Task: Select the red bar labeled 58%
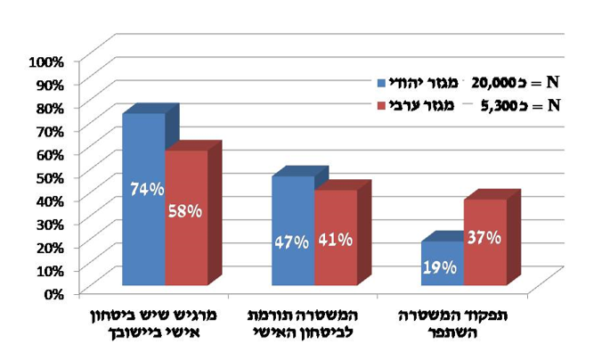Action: tap(186, 223)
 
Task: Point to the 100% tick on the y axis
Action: tap(46, 61)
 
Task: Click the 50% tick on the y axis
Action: tap(49, 176)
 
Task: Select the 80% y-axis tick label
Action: tap(49, 108)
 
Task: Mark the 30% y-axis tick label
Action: tap(49, 223)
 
